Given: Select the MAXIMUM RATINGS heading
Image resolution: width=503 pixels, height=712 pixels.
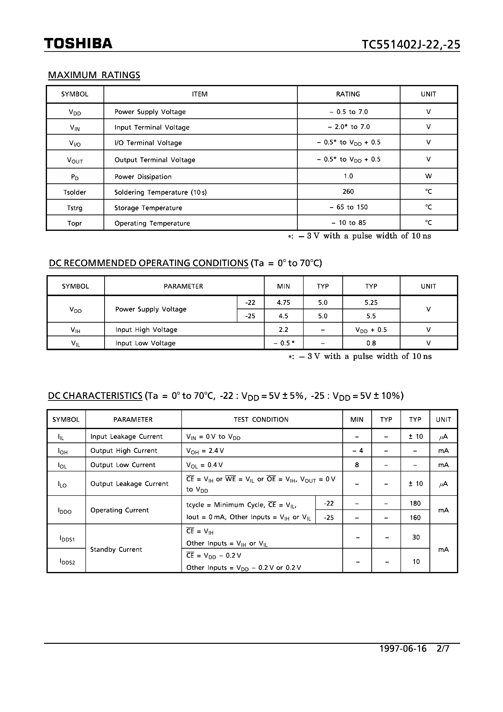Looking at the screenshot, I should coord(94,75).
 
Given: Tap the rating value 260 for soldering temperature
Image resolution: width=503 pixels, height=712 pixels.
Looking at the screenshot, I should coord(348,192).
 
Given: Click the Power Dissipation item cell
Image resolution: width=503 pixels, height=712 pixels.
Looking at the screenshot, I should coord(143,177).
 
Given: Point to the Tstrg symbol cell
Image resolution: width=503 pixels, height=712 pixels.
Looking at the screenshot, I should coord(75,208).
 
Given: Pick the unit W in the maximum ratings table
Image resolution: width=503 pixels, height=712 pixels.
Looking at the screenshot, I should coord(428,176).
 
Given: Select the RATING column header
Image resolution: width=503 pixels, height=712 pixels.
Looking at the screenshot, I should coord(348,94).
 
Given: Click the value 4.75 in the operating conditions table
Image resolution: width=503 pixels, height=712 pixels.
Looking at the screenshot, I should coord(283,303).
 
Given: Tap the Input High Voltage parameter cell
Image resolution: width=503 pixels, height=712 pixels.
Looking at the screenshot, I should coord(146,330).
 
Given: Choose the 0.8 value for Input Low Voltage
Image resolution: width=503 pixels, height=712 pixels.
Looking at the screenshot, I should coord(371,343).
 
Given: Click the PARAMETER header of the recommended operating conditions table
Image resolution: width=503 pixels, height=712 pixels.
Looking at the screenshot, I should coord(183,286).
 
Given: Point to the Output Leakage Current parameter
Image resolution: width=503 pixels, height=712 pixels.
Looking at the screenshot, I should coord(129,484).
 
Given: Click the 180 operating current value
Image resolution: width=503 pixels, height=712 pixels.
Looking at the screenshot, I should coord(415,503).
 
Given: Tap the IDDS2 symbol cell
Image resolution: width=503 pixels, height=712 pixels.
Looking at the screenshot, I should coord(67,561).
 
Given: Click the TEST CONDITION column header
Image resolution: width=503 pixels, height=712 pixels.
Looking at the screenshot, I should coord(261,420).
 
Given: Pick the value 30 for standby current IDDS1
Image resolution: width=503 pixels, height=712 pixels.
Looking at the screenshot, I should coord(416,537).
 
